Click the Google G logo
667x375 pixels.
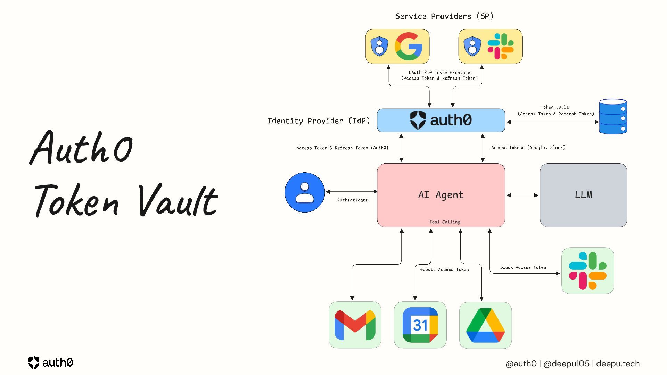(x=409, y=46)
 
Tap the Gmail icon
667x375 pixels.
(x=355, y=325)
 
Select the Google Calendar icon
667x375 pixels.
(x=420, y=325)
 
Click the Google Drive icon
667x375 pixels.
(x=485, y=325)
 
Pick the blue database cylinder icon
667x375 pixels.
(x=613, y=117)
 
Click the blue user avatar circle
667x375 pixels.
(x=305, y=192)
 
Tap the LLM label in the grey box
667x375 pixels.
(x=584, y=195)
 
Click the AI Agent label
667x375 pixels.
(x=441, y=195)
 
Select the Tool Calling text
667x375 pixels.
(x=445, y=222)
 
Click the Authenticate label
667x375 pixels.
(x=352, y=200)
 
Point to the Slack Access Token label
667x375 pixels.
(x=523, y=267)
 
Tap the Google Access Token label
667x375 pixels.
(x=444, y=270)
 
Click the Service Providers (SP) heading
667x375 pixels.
(x=444, y=16)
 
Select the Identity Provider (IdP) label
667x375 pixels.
(x=319, y=121)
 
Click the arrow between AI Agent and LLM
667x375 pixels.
(x=522, y=195)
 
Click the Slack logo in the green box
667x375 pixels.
(x=587, y=271)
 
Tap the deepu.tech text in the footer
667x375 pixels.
(x=618, y=364)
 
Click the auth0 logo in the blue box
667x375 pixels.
(x=441, y=120)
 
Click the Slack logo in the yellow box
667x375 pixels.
(x=501, y=46)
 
